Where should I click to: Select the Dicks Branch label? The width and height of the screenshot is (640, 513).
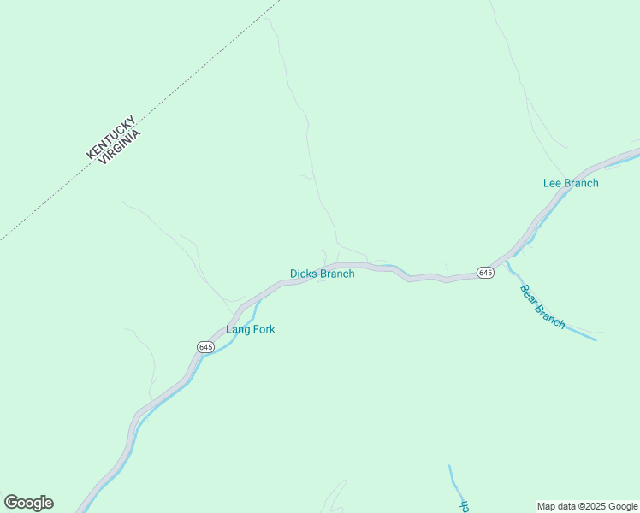coord(322,274)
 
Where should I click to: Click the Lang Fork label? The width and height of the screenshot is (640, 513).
coord(250,329)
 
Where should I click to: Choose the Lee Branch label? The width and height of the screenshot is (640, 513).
coord(571,183)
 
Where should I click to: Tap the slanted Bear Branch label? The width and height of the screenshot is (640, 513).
coord(542,306)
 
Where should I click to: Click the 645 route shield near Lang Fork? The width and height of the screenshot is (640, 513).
coord(205,346)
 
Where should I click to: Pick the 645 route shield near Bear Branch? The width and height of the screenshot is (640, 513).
coord(485,272)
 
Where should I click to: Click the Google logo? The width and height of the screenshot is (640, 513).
coord(28,503)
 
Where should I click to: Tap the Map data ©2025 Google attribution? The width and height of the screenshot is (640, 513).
coord(588,506)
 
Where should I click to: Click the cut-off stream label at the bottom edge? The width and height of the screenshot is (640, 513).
coord(465,505)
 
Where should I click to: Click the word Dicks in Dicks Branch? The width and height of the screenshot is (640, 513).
coord(303,274)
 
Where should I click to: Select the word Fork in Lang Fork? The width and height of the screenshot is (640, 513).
coord(263,329)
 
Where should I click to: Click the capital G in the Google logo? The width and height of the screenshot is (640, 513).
coord(10,503)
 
